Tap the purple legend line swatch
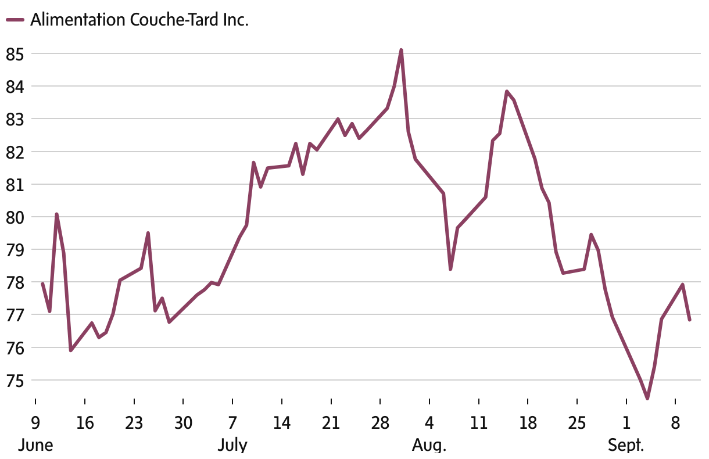[x=15, y=20]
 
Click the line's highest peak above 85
[x=401, y=50]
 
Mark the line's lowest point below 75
[x=647, y=399]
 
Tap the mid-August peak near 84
[x=507, y=91]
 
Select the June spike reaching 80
[x=56, y=214]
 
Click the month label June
[x=36, y=446]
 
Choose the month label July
[x=232, y=446]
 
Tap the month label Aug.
[x=429, y=446]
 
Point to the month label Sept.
[x=626, y=446]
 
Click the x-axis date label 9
[x=35, y=422]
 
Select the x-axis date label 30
[x=183, y=422]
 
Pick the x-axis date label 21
[x=331, y=422]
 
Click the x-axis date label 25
[x=577, y=422]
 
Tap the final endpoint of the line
[x=689, y=320]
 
